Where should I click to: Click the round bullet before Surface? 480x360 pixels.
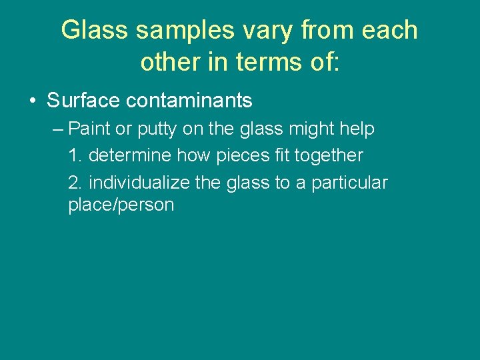tap(32, 101)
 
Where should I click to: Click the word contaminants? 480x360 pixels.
tap(189, 101)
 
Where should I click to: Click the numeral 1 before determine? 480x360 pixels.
tap(74, 156)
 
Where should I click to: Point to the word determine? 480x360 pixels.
tap(131, 156)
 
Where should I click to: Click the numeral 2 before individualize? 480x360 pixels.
tap(74, 183)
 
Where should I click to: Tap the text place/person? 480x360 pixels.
tap(121, 205)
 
